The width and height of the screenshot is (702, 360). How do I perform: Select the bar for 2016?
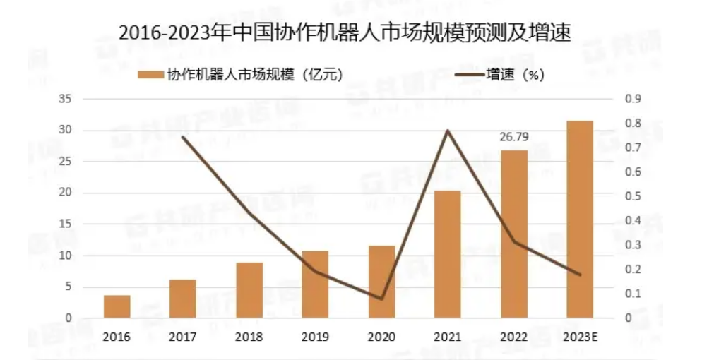tap(117, 307)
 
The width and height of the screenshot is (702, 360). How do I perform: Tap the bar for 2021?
tap(447, 255)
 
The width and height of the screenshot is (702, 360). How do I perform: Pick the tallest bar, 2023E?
tap(580, 220)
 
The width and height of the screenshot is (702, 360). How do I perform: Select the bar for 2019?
tap(315, 284)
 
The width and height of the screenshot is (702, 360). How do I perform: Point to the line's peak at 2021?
tap(448, 131)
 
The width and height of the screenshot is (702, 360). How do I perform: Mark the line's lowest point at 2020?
tap(381, 299)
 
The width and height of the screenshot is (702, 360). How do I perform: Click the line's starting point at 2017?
tap(183, 136)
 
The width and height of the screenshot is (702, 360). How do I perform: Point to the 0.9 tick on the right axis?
tap(632, 100)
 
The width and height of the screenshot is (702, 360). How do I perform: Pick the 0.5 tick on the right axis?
tap(632, 196)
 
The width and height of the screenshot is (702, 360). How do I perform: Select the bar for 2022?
tap(513, 234)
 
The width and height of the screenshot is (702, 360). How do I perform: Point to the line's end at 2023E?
tap(580, 275)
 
